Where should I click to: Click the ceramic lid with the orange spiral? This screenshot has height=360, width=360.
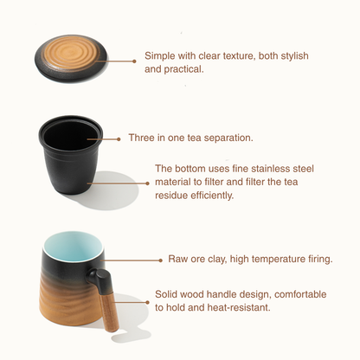[71, 59]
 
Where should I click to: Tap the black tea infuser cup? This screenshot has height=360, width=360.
[71, 158]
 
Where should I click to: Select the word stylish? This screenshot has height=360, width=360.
[294, 56]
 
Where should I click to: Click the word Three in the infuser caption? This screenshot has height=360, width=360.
[141, 138]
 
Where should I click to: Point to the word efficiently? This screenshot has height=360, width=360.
[212, 196]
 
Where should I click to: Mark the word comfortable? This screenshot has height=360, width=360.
[300, 294]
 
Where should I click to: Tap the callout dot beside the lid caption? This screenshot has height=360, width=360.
[134, 61]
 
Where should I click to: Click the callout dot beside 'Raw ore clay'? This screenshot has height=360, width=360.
[161, 260]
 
